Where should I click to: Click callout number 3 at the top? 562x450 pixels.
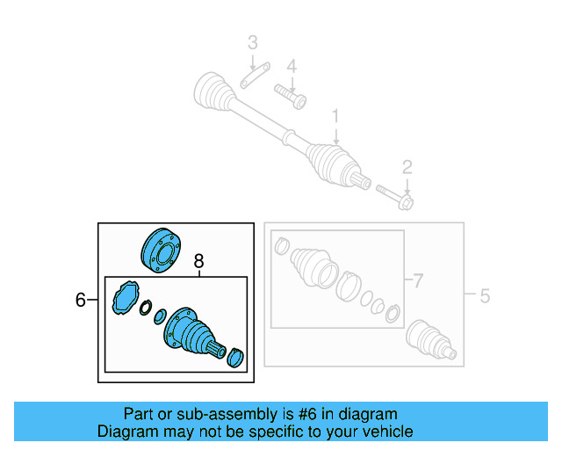coord(252,41)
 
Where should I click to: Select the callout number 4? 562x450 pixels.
coord(292,66)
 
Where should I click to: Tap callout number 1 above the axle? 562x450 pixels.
coord(335,116)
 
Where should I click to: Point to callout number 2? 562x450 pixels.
coord(407,167)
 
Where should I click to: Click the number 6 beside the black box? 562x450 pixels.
coord(81,301)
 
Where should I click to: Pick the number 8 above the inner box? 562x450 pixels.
coord(198,261)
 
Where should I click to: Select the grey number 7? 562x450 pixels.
coord(418,281)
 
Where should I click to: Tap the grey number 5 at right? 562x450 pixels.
coord(484,296)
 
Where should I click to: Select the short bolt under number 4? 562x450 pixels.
coord(290,95)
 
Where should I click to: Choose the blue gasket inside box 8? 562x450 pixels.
coord(126,296)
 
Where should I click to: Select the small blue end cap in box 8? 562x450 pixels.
coord(235,358)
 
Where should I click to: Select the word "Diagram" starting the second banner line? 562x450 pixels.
coord(126,431)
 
